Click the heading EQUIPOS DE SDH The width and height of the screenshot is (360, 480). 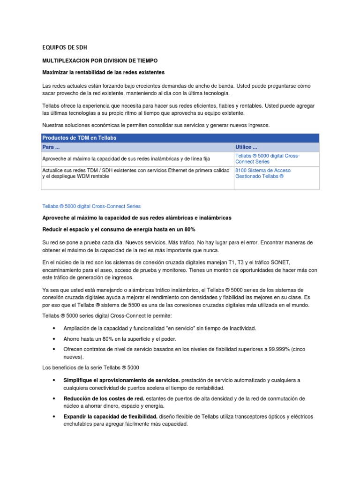click(x=65, y=47)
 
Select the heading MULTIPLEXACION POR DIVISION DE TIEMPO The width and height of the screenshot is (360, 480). click(x=100, y=61)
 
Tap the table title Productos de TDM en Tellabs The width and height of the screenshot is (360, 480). click(x=79, y=138)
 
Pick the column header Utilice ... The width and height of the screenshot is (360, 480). click(x=247, y=147)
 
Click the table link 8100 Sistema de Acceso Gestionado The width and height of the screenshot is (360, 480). click(x=262, y=173)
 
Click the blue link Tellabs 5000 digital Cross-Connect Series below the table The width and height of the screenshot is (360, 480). click(x=91, y=206)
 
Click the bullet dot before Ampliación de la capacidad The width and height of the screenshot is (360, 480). click(x=55, y=329)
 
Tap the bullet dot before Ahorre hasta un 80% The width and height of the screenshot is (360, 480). click(x=55, y=338)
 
